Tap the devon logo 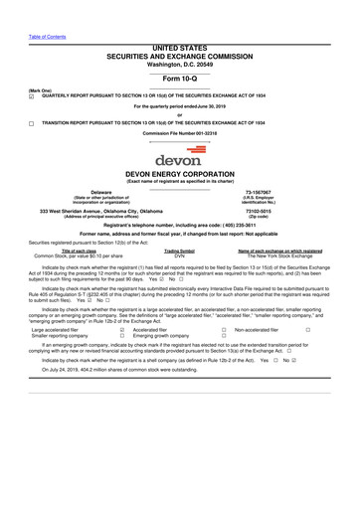[x=179, y=156]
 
